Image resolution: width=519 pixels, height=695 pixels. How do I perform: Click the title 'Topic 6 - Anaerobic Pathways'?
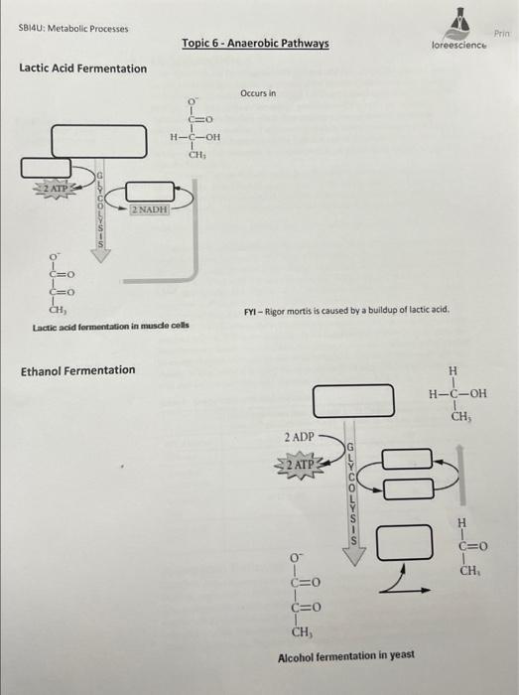tap(255, 44)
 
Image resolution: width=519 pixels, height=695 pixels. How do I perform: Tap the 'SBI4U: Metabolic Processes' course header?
tap(73, 29)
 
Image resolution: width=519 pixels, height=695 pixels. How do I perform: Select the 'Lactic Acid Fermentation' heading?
tap(83, 69)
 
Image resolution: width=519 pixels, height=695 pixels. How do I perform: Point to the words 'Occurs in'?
tap(258, 93)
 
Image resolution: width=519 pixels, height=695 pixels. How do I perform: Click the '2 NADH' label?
tap(151, 210)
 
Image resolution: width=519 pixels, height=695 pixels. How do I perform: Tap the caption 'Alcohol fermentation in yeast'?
tap(346, 656)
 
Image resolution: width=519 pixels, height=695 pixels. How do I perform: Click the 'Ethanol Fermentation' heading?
tap(78, 370)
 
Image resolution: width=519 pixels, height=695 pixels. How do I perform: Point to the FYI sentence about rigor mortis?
tap(346, 311)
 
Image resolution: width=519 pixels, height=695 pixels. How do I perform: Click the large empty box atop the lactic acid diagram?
tap(105, 139)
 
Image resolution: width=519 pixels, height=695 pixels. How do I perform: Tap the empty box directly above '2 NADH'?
tap(151, 191)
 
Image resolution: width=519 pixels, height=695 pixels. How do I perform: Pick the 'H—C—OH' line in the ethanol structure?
tap(457, 393)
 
